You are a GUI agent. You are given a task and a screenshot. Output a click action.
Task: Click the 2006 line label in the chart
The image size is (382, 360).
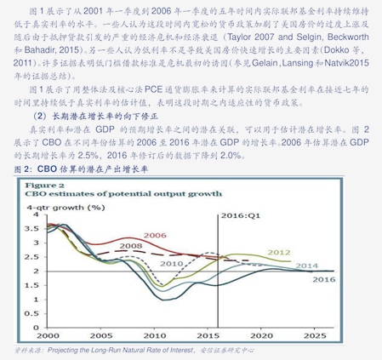[155, 235]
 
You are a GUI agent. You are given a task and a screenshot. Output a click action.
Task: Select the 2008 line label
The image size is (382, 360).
[130, 246]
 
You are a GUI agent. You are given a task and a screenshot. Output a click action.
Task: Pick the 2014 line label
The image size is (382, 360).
[306, 266]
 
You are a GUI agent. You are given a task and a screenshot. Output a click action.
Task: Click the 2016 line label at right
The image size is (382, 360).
[323, 280]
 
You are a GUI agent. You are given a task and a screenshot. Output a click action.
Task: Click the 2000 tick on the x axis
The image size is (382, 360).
[48, 336]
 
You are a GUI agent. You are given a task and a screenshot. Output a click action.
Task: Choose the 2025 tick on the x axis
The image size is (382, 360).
[315, 336]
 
